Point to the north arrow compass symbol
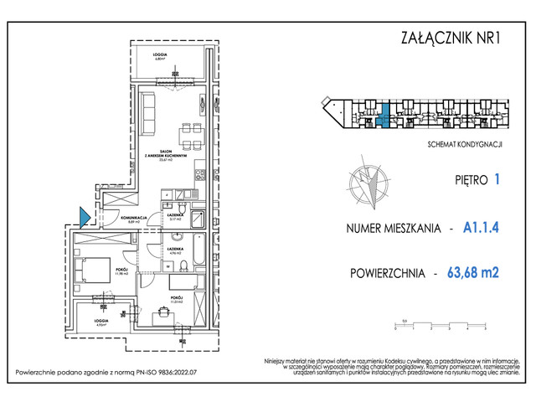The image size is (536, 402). point(367,186)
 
